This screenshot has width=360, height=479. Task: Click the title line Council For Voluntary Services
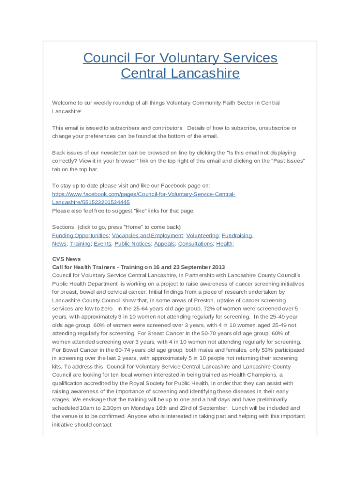coord(180,58)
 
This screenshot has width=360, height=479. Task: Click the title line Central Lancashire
coord(180,73)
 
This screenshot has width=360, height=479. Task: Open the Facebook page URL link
coord(144,194)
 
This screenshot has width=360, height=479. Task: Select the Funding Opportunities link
coord(80,236)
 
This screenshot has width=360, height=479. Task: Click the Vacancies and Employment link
coord(147,236)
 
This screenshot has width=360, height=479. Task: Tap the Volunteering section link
coord(202,236)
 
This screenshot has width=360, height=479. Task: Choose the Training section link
coord(80,244)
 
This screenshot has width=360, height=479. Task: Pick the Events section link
coord(102,244)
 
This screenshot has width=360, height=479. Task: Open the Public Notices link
coord(133,244)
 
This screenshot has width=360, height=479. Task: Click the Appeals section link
coord(164,244)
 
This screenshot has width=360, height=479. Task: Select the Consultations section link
coord(195,244)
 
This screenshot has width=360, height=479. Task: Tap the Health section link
coord(224,244)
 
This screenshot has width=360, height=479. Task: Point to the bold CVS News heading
coord(66,259)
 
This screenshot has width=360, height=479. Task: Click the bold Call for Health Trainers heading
coord(138,267)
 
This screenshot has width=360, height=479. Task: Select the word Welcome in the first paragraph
coord(64,103)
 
